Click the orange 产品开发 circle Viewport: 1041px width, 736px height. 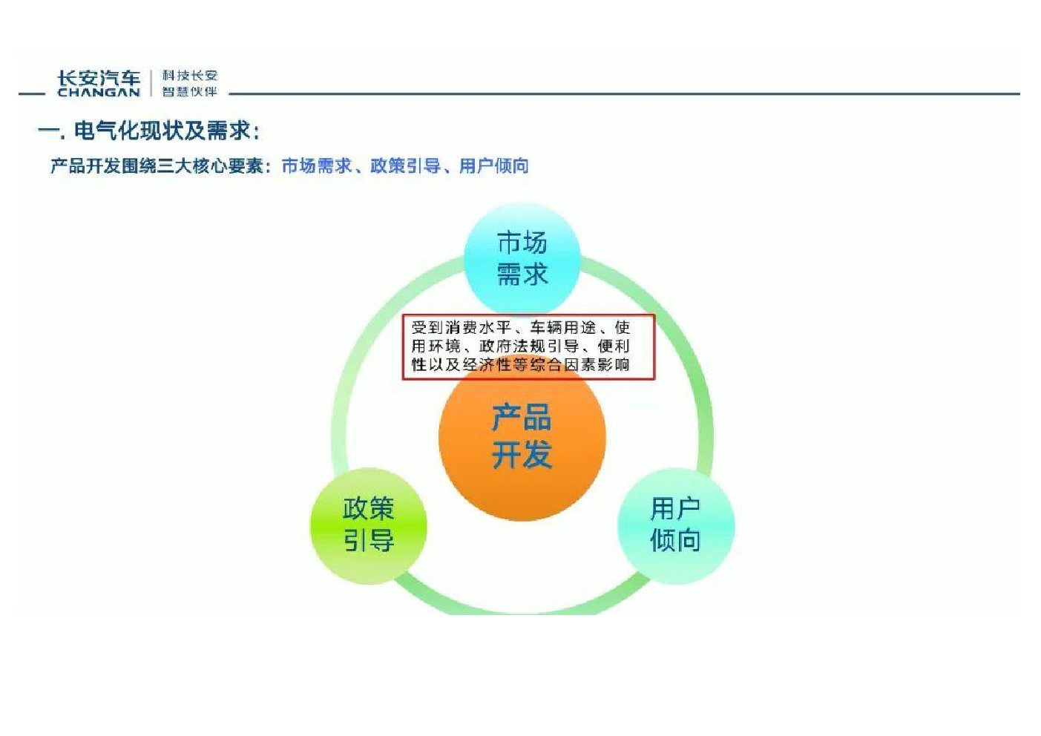[x=522, y=437]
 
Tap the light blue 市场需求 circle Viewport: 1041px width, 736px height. [x=522, y=259]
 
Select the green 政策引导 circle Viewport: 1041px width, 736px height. [x=369, y=525]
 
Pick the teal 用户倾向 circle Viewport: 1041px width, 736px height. [x=676, y=525]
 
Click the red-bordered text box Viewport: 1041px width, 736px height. [x=529, y=346]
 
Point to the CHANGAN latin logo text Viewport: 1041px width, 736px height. [x=99, y=92]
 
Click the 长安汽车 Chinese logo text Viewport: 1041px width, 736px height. [x=99, y=78]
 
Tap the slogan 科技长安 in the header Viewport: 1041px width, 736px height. [x=189, y=75]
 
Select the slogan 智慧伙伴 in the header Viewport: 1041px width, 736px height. [x=189, y=91]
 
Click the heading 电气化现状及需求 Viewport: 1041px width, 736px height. [x=162, y=131]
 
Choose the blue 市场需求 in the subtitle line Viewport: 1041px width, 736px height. [x=317, y=166]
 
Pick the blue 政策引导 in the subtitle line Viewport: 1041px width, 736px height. [x=405, y=166]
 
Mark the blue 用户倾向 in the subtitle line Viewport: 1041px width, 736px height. [x=493, y=166]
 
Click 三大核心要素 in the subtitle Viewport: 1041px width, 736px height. [x=211, y=166]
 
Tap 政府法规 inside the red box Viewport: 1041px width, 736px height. [x=512, y=346]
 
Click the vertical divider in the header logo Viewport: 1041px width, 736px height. [x=151, y=84]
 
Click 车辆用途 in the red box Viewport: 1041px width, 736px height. [x=562, y=328]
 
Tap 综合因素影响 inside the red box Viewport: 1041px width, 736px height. [x=579, y=365]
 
